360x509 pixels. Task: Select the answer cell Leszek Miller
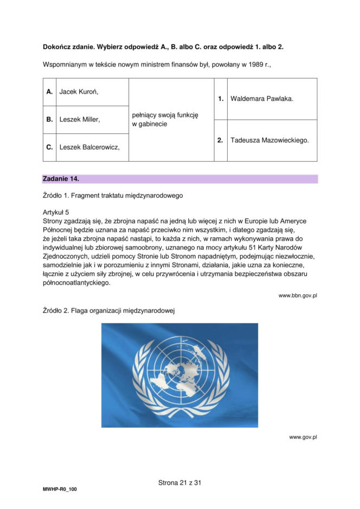tap(79, 119)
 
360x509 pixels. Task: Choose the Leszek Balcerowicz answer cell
tap(89, 147)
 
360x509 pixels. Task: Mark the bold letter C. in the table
tap(49, 147)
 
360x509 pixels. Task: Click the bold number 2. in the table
tap(220, 140)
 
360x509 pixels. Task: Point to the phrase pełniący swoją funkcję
tap(165, 115)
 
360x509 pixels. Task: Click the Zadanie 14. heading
tap(61, 178)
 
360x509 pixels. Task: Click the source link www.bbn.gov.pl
tap(297, 295)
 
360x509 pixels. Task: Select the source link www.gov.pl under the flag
tap(303, 437)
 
